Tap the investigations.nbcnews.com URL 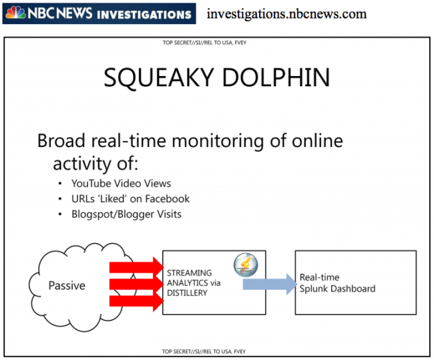click(286, 14)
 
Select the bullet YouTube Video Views click(121, 183)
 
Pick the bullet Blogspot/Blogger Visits click(126, 214)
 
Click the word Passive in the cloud click(67, 286)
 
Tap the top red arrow click(137, 268)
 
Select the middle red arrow click(137, 285)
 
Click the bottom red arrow click(137, 302)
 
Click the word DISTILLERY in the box click(187, 293)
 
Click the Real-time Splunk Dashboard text click(337, 283)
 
